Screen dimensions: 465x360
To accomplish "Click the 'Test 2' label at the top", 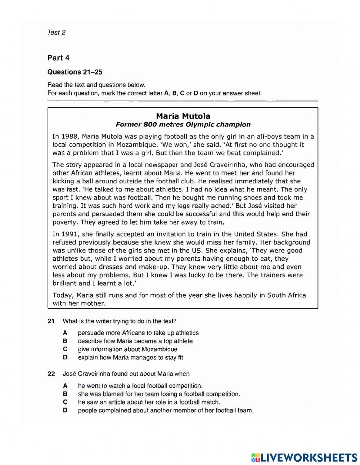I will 56,32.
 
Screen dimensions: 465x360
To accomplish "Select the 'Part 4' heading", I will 58,58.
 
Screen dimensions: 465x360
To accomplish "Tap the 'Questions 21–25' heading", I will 75,72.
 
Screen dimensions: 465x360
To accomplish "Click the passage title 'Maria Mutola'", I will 183,116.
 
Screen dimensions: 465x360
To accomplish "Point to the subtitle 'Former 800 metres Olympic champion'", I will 183,125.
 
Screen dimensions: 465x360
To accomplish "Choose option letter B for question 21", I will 65,341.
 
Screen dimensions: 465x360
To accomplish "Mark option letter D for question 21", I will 65,358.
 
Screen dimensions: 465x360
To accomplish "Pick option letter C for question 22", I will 65,402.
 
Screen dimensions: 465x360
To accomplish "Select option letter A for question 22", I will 65,385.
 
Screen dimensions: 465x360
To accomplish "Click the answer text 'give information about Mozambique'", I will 127,349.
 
